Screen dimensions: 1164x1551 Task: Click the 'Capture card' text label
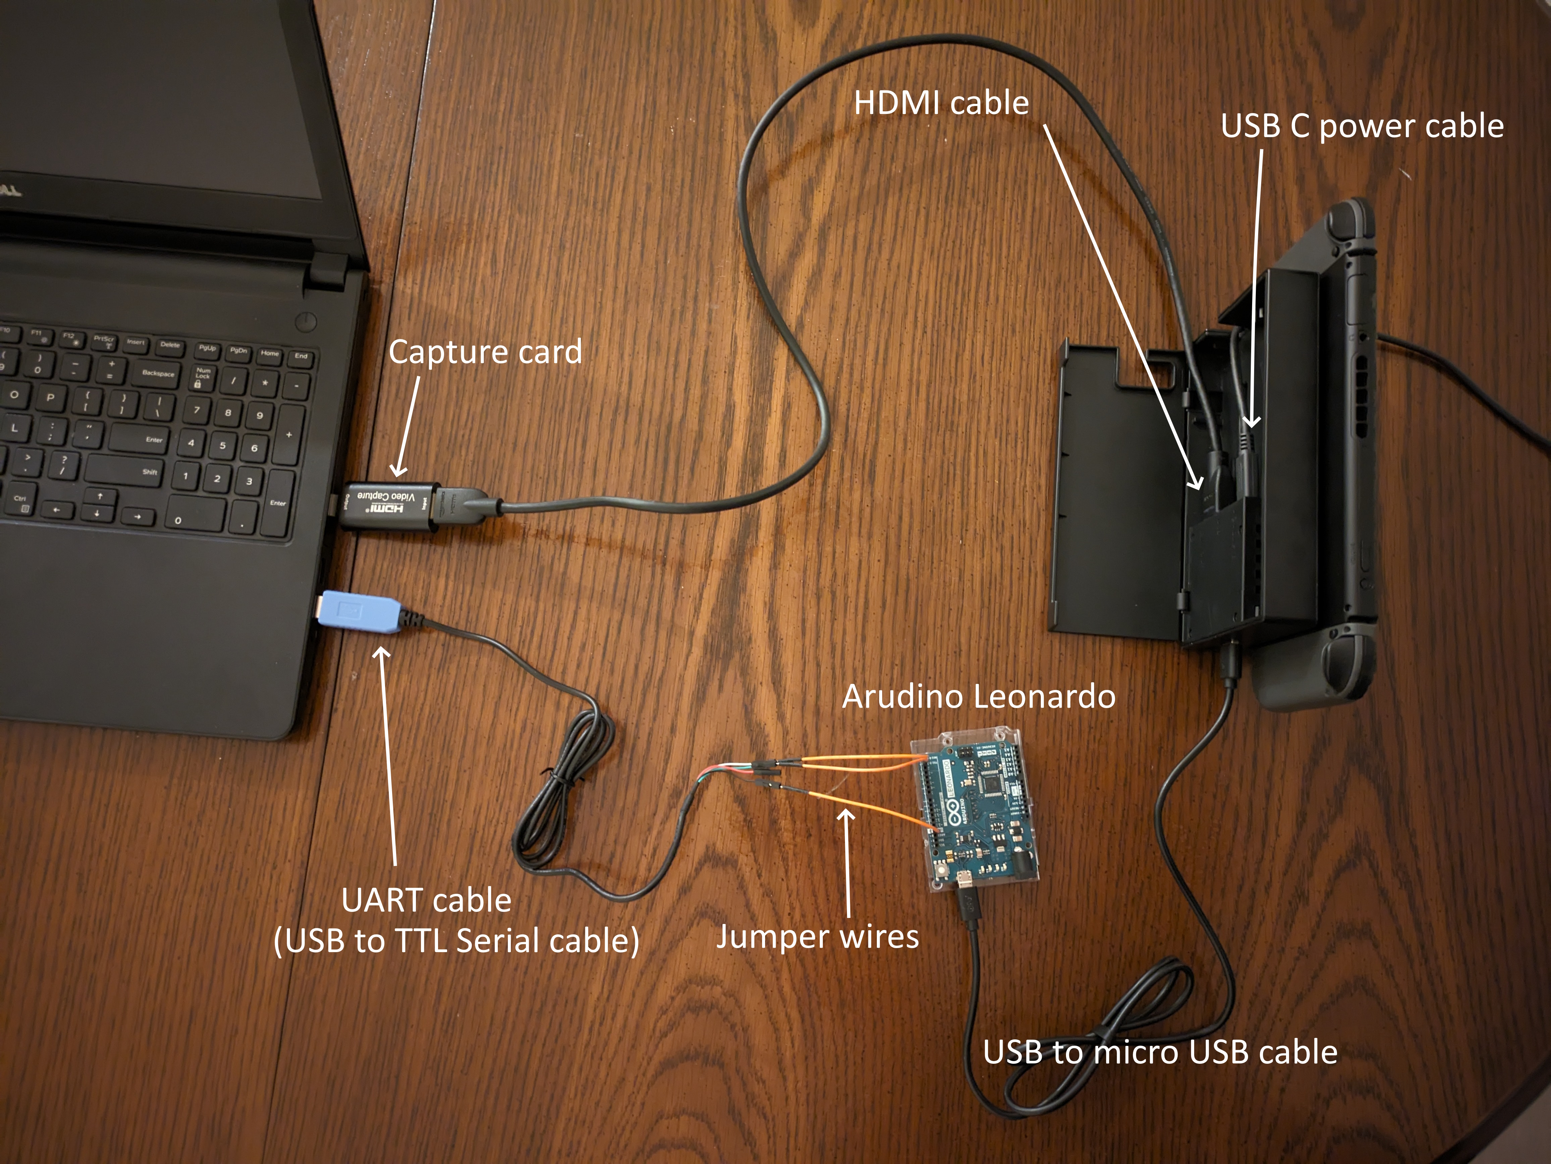[x=485, y=352]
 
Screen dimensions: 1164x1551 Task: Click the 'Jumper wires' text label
[x=817, y=937]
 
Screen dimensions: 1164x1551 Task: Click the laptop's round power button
[x=307, y=322]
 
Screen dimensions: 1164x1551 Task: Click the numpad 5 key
[x=222, y=445]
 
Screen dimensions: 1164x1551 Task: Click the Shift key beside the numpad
[x=149, y=472]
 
